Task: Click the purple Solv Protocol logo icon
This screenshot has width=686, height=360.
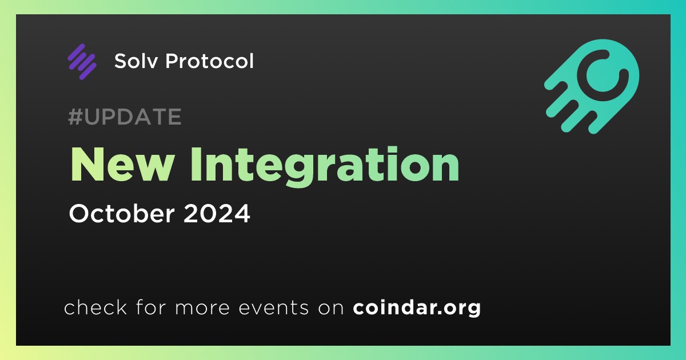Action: pyautogui.click(x=82, y=62)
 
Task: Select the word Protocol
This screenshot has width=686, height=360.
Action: pyautogui.click(x=209, y=61)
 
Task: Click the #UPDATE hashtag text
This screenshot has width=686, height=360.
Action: pyautogui.click(x=125, y=117)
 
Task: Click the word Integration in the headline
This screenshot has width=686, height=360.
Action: pyautogui.click(x=325, y=167)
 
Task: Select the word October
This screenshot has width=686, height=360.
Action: pyautogui.click(x=122, y=213)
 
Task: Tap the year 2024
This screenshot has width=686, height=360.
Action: pyautogui.click(x=217, y=213)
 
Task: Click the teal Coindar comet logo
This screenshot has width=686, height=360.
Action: pyautogui.click(x=592, y=87)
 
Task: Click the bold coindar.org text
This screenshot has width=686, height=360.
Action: pyautogui.click(x=417, y=307)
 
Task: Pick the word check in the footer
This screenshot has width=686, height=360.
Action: pyautogui.click(x=95, y=307)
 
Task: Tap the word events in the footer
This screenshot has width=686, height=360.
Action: pyautogui.click(x=274, y=307)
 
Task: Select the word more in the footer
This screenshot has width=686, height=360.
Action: pyautogui.click(x=202, y=308)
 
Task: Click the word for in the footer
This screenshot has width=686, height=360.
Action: pyautogui.click(x=151, y=307)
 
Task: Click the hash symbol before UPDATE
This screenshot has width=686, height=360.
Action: pyautogui.click(x=75, y=117)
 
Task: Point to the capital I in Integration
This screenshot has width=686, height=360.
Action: pyautogui.click(x=196, y=165)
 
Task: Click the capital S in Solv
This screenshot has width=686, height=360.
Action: pyautogui.click(x=121, y=61)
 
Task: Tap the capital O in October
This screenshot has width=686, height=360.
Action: pyautogui.click(x=79, y=213)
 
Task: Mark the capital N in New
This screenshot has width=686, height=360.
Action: pyautogui.click(x=87, y=165)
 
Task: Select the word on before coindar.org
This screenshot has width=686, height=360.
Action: pyautogui.click(x=331, y=308)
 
